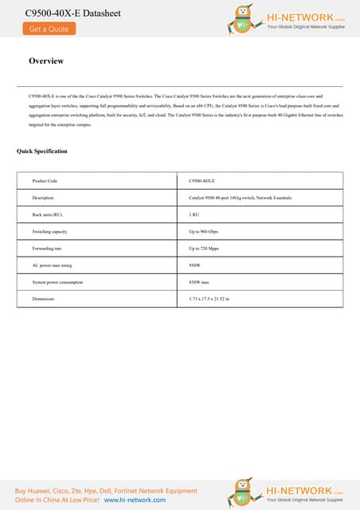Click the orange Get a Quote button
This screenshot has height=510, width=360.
49,29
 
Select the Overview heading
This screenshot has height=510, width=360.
46,61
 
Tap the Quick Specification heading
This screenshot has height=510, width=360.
42,151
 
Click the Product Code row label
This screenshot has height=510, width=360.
45,181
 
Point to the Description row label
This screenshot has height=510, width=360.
43,198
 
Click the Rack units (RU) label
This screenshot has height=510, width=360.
47,215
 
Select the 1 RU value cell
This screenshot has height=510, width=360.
194,215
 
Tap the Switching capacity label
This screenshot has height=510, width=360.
49,232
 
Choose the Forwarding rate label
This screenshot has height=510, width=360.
46,249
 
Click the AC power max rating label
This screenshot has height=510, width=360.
52,265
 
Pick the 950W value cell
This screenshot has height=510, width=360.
194,265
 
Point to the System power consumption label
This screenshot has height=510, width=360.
57,282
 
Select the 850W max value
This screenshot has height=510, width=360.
199,282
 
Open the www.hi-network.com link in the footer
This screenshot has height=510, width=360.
135,500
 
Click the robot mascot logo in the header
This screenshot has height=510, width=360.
244,20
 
